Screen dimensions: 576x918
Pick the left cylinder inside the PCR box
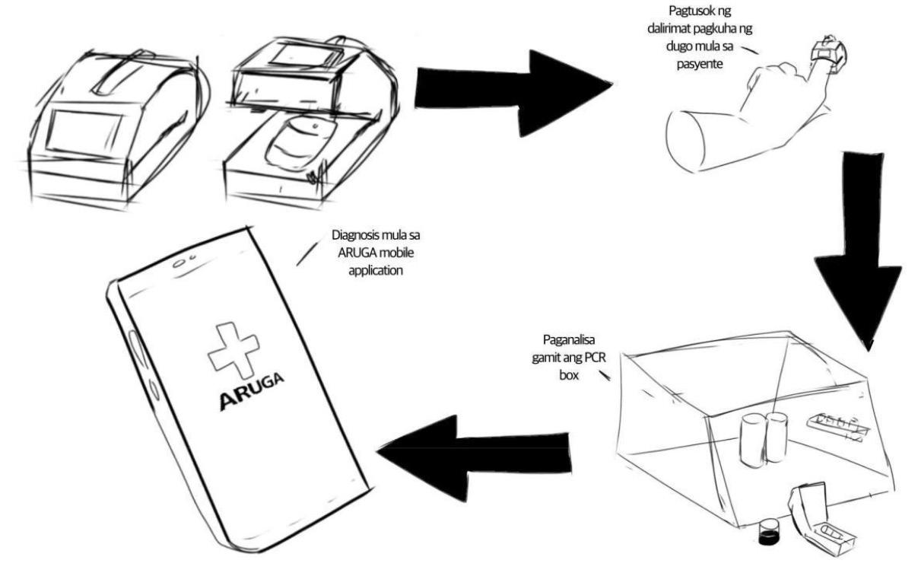click(751, 439)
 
